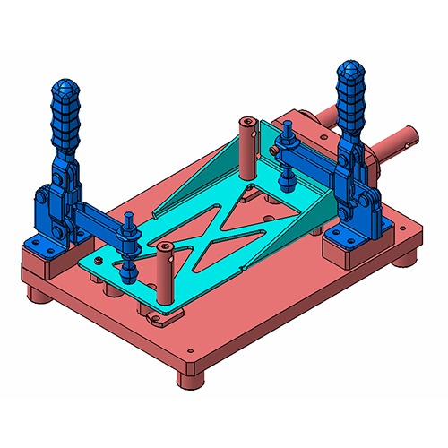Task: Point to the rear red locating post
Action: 247,148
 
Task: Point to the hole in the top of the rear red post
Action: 248,121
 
